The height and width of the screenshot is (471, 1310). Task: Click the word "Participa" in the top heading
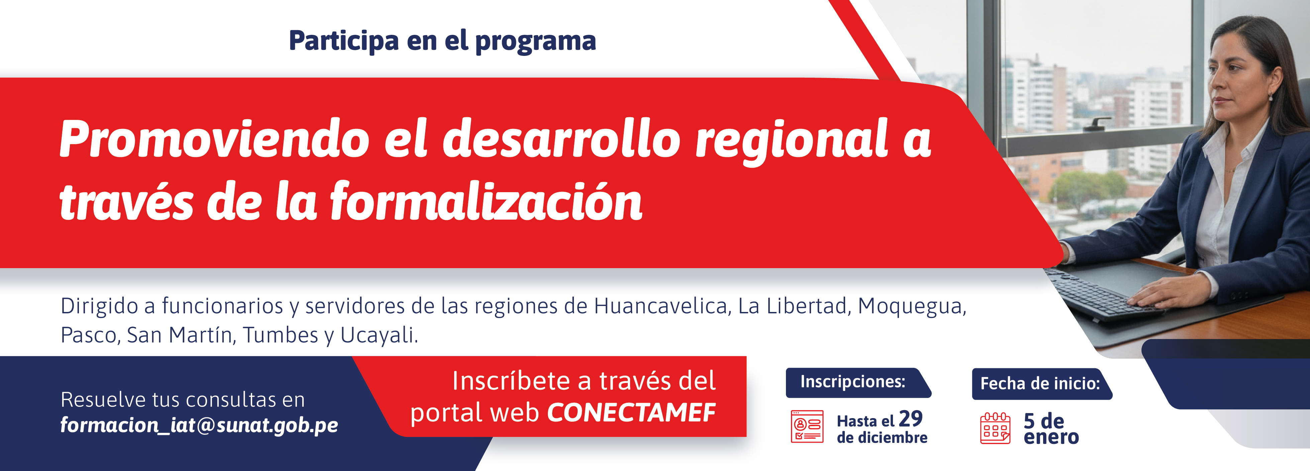tap(344, 41)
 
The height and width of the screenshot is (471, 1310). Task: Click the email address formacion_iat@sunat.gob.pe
tap(199, 425)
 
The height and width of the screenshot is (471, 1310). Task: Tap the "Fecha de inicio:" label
tap(1040, 383)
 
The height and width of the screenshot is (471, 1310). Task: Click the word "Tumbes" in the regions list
tap(280, 335)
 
